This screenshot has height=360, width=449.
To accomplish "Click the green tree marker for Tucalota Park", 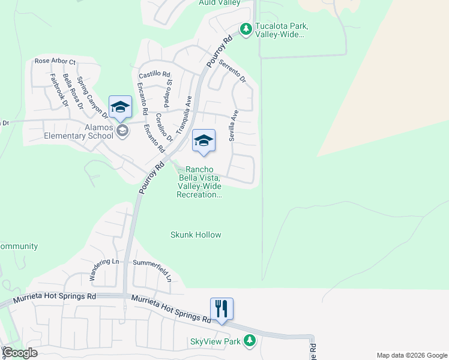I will click(246, 29).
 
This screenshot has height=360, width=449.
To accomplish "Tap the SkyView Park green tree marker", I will click(249, 341).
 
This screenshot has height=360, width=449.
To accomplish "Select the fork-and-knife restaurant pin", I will click(221, 309).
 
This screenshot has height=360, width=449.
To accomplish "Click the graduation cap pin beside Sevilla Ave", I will click(203, 141).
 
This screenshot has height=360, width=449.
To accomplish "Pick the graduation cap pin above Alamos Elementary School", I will click(120, 107).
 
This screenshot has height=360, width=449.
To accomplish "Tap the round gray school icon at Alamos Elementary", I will click(122, 131).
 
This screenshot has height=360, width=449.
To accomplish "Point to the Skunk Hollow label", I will click(196, 235).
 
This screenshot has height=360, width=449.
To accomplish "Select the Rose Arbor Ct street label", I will click(55, 61).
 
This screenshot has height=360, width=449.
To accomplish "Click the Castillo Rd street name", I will click(154, 74).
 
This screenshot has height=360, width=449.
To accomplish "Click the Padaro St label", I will click(169, 90).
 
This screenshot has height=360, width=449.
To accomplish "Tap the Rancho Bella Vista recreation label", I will click(199, 182).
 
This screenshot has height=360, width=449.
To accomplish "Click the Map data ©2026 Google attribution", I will click(411, 355).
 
